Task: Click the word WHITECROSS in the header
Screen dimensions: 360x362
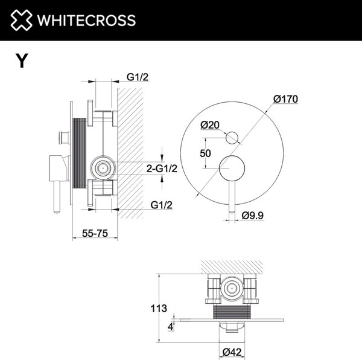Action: tap(86, 20)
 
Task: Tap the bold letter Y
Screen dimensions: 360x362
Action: tap(22, 60)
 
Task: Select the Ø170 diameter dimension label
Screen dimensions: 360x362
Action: tap(286, 98)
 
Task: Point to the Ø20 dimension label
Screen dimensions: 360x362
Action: tap(210, 124)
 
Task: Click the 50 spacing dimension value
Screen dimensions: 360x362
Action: tap(205, 153)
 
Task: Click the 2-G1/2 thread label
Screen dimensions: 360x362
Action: tap(161, 169)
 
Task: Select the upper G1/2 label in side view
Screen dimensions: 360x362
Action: tap(138, 77)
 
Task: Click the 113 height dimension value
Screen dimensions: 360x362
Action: tap(158, 308)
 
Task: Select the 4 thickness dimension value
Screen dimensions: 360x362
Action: tap(171, 327)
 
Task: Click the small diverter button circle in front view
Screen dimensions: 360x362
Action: tap(232, 138)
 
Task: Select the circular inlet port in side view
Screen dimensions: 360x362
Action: tap(103, 167)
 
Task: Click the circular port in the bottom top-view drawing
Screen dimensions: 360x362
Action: tap(230, 289)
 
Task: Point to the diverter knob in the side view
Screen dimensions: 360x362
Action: tap(62, 138)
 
